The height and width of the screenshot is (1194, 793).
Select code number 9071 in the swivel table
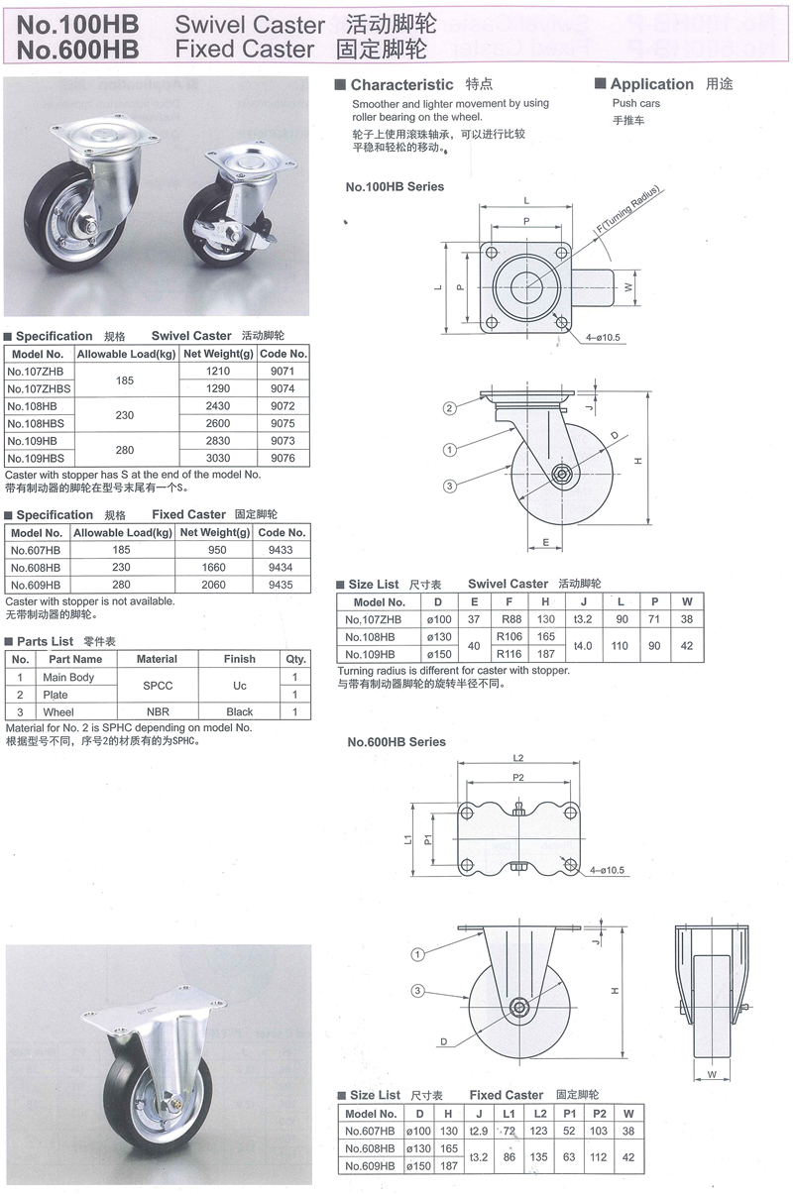pyautogui.click(x=283, y=371)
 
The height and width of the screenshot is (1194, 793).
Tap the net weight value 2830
pyautogui.click(x=217, y=441)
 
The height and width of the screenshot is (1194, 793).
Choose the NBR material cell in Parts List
pyautogui.click(x=157, y=711)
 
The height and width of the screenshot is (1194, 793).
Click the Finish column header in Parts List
pyautogui.click(x=239, y=659)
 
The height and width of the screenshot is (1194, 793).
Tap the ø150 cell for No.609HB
pyautogui.click(x=420, y=1166)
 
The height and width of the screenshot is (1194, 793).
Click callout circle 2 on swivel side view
pyautogui.click(x=449, y=408)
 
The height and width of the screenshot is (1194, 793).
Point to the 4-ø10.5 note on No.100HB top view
pyautogui.click(x=603, y=337)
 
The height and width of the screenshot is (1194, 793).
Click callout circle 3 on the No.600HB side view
pyautogui.click(x=418, y=991)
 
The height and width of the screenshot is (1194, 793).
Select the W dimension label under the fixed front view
pyautogui.click(x=713, y=1074)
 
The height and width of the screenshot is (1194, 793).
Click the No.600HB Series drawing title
pyautogui.click(x=396, y=741)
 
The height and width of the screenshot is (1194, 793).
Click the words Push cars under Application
pyautogui.click(x=635, y=103)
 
